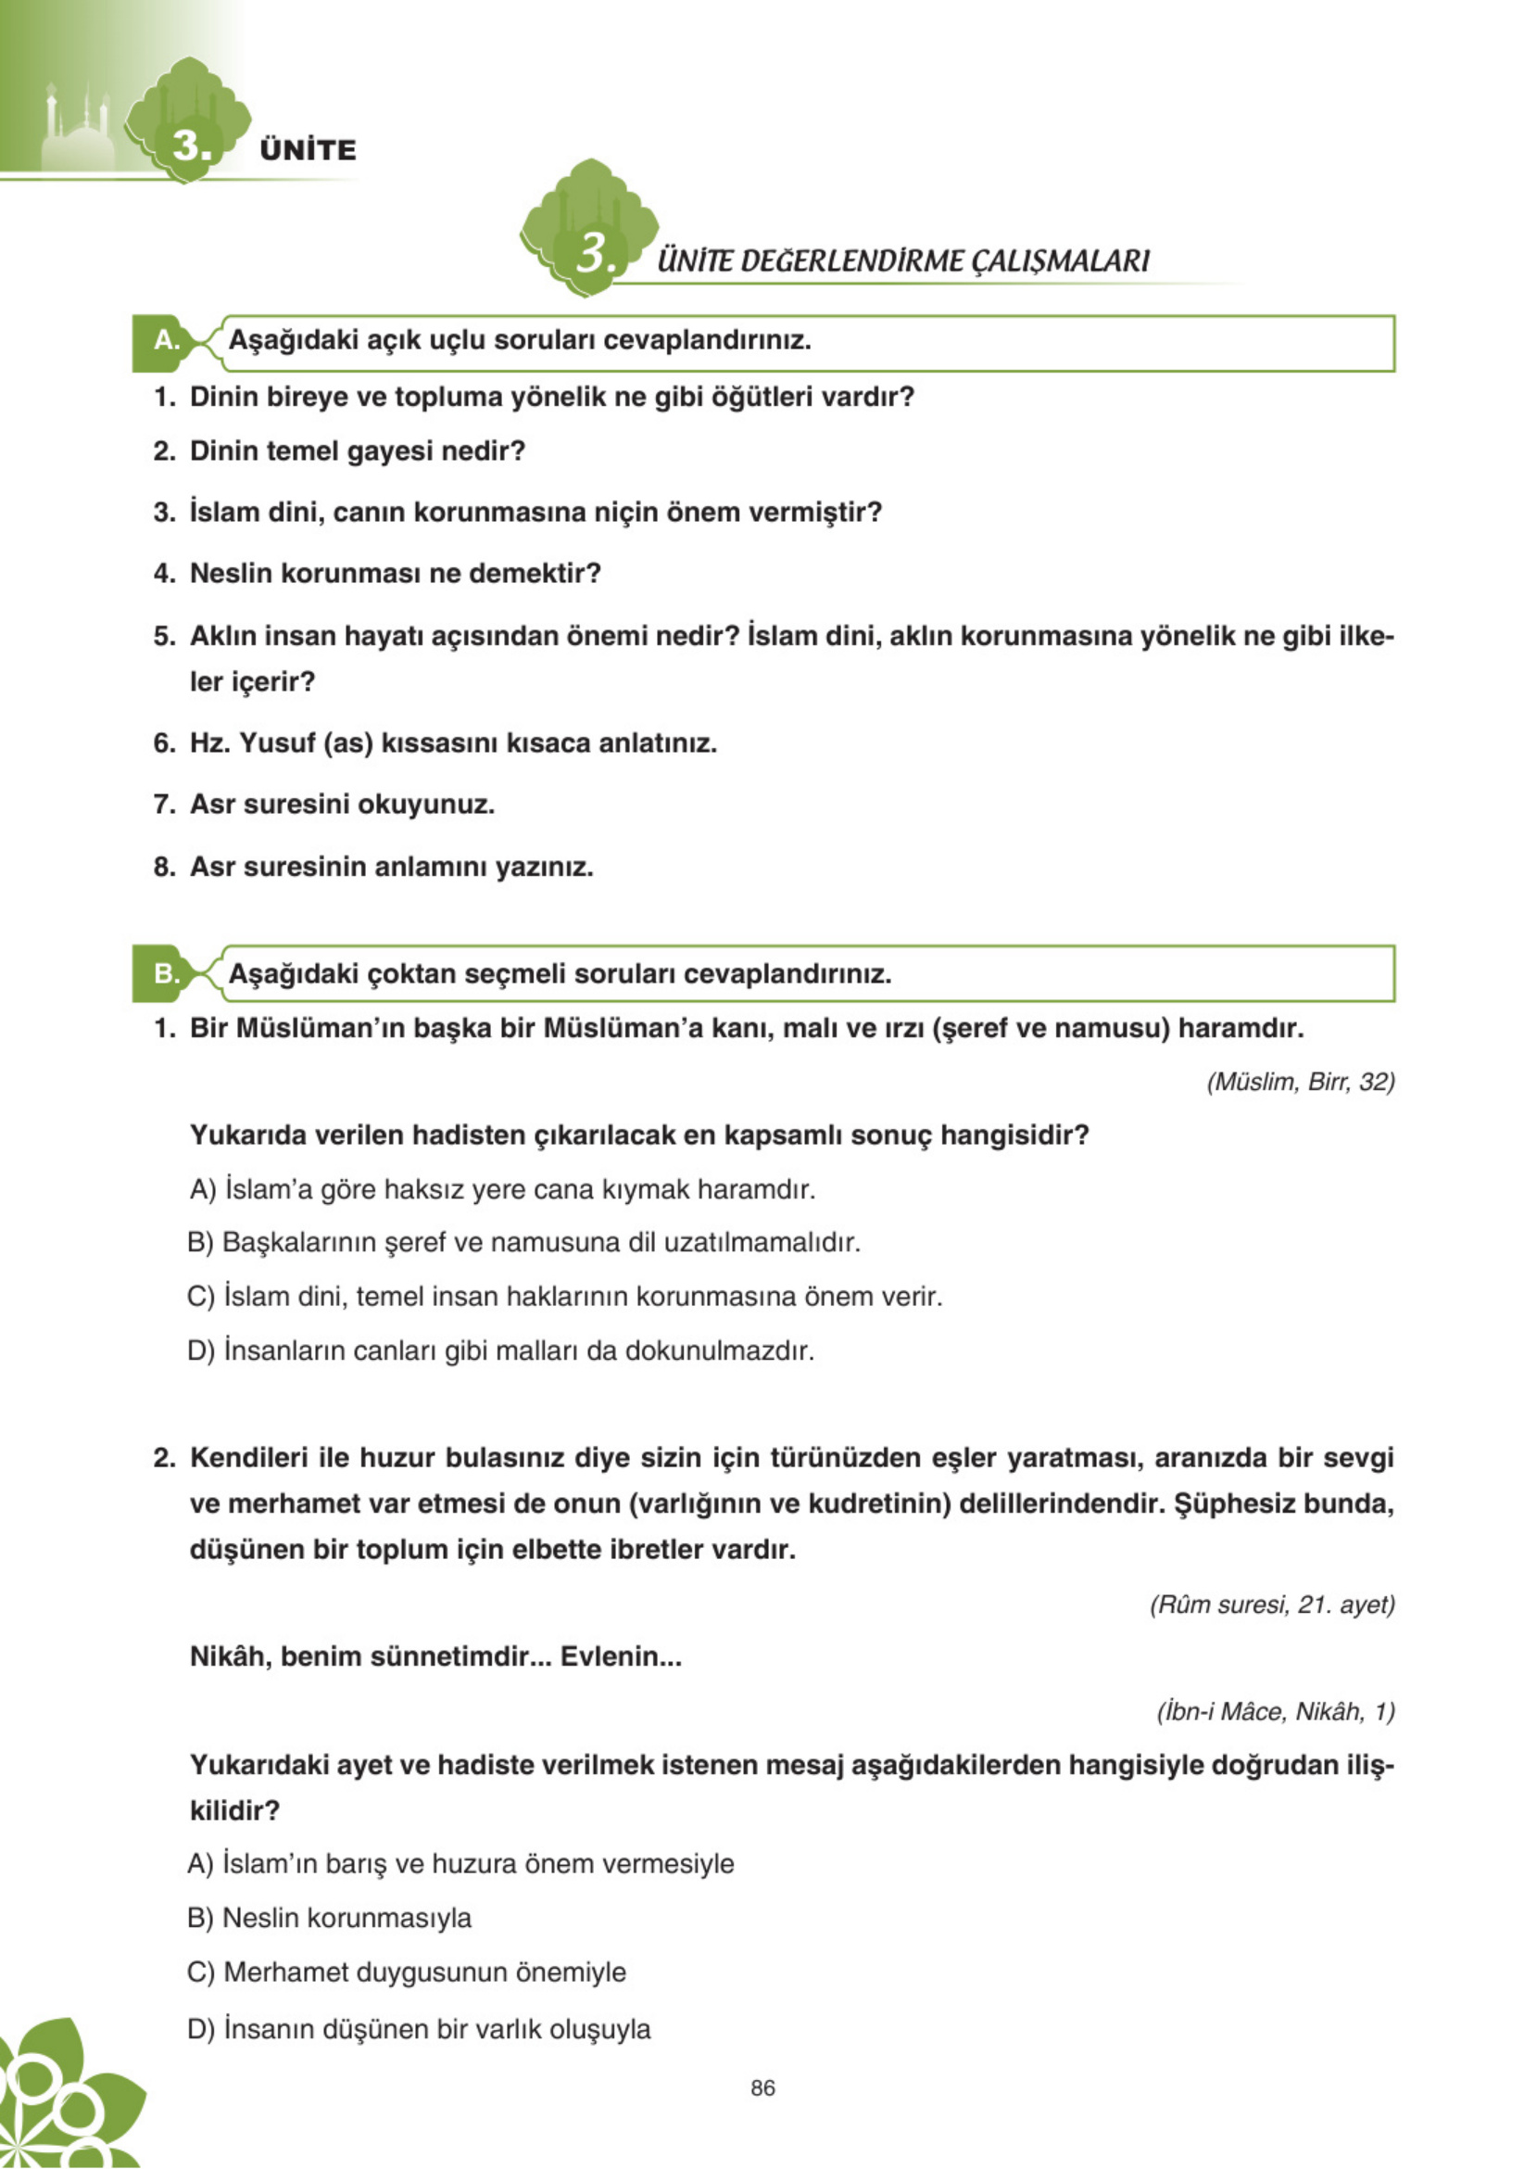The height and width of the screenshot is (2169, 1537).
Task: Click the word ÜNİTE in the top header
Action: pos(308,149)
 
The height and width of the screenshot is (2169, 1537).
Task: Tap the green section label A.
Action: pos(166,340)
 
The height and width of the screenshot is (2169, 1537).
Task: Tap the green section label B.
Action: pos(166,973)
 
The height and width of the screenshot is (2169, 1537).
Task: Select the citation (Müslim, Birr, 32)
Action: pos(1301,1082)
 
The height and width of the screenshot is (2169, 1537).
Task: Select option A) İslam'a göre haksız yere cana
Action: pos(501,1189)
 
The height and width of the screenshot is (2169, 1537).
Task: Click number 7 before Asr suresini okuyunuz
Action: pos(163,805)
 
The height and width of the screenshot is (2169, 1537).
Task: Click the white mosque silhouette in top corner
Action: pos(79,133)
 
